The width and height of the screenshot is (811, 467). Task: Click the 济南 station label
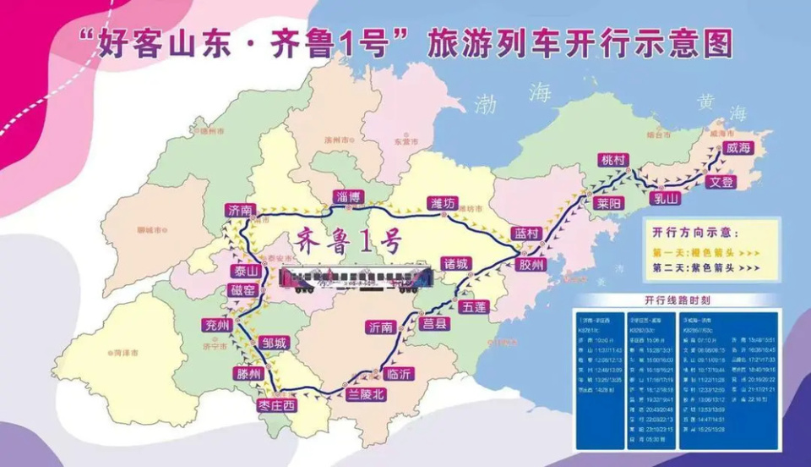[x=240, y=209]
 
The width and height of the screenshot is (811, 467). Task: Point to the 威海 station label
[x=737, y=148]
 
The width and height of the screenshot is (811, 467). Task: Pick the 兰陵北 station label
[x=366, y=394]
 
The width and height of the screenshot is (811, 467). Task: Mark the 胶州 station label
[x=532, y=265]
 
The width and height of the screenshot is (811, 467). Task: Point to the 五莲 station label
[x=474, y=306]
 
